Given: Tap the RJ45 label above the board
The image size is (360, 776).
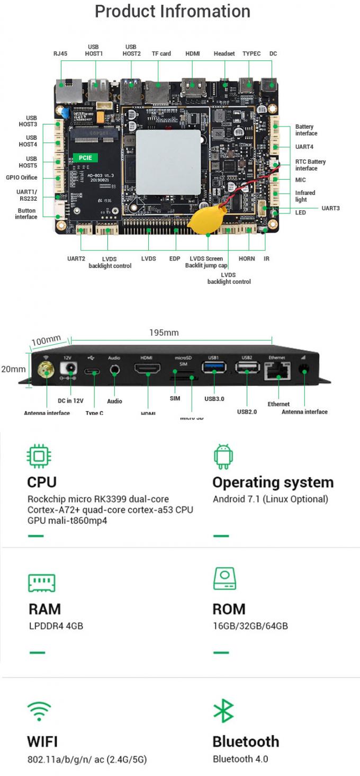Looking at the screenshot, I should [x=60, y=53].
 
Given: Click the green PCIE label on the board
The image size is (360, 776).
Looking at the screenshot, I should [x=85, y=157].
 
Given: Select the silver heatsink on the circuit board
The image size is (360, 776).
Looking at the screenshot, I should [x=168, y=160].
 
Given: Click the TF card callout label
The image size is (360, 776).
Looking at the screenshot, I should [x=161, y=53].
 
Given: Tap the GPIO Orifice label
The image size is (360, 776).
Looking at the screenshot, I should [x=22, y=177].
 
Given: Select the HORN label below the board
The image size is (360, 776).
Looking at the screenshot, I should [x=247, y=258].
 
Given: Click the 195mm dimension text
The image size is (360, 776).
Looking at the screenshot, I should [x=164, y=333].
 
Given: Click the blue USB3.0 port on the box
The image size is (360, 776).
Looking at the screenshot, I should [x=214, y=368].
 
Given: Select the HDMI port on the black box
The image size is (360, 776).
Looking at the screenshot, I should [x=148, y=369].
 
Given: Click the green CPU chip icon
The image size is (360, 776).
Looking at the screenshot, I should [x=39, y=456].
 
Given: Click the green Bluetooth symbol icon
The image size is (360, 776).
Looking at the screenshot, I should [x=223, y=711].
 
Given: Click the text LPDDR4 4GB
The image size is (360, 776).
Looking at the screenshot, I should [x=56, y=626].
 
